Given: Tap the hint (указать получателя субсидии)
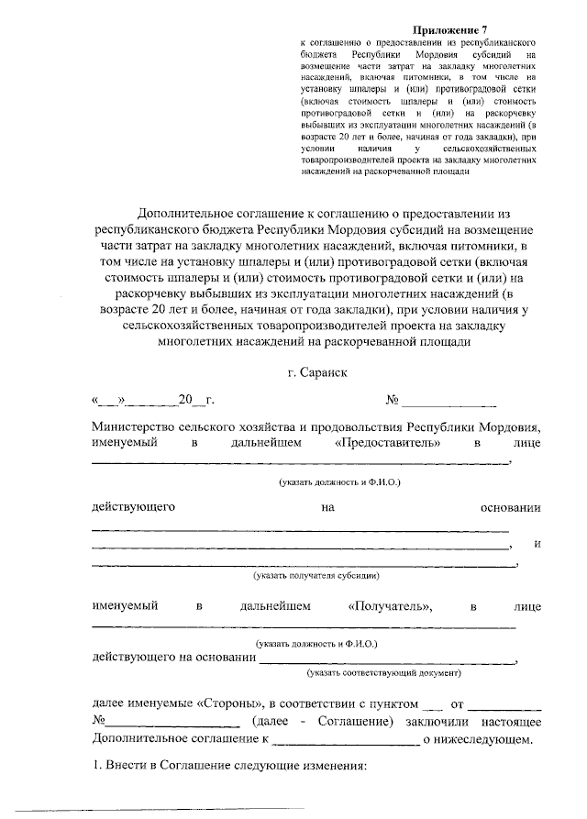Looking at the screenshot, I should (x=316, y=575).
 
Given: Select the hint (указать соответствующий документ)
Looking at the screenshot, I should (x=384, y=673).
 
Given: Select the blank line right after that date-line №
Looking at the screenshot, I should (x=450, y=403).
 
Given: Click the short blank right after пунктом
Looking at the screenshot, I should (x=431, y=705).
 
